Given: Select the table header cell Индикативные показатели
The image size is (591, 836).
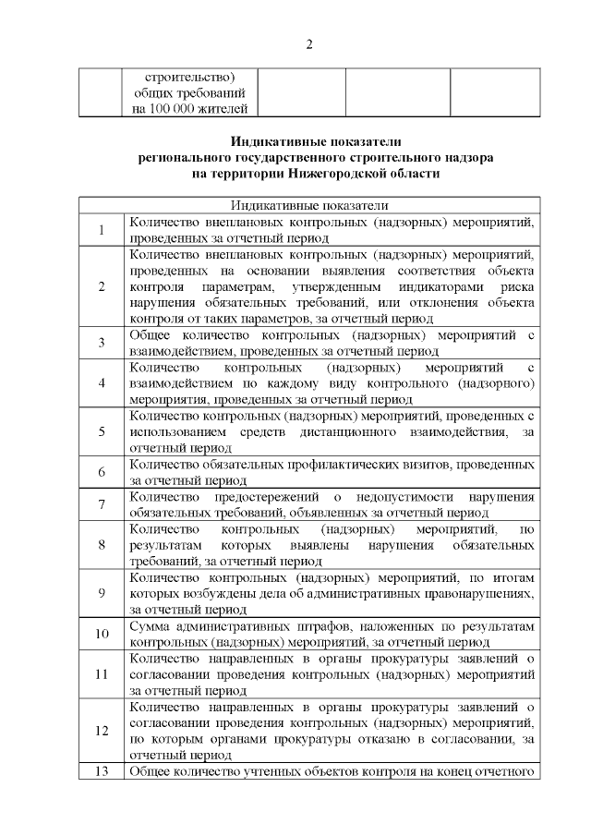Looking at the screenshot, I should click(x=309, y=205).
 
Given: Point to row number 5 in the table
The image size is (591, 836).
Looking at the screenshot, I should click(x=101, y=431).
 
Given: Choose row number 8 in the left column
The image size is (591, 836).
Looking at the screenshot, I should click(x=101, y=544).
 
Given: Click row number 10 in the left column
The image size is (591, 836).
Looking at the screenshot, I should click(x=101, y=634).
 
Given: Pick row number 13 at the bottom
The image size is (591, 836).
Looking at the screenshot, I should click(x=101, y=771).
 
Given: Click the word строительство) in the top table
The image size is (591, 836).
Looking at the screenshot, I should click(x=191, y=77).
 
